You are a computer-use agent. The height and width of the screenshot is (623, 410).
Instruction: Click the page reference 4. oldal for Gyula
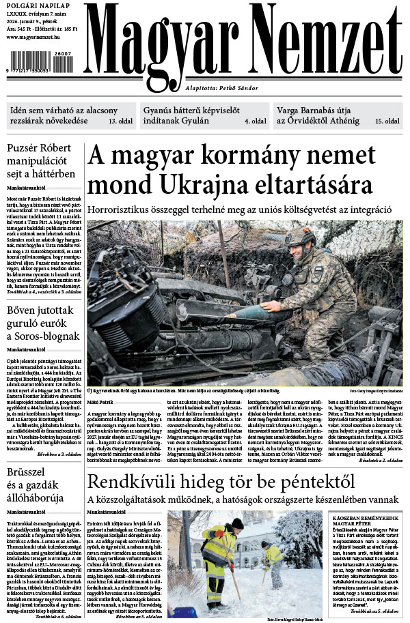click(x=255, y=121)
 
